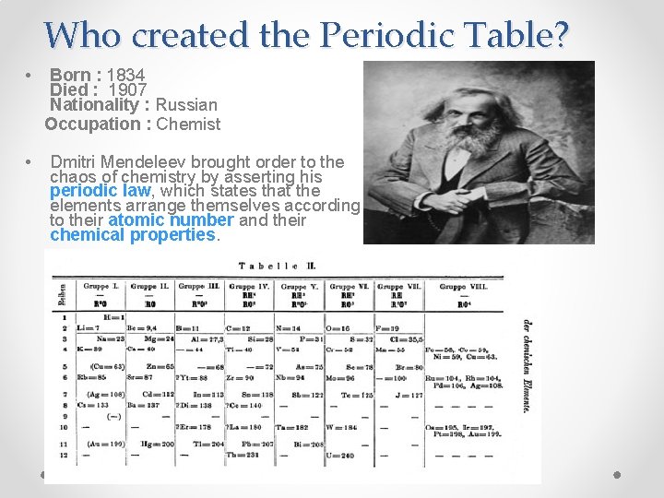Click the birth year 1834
[125, 75]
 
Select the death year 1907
[128, 90]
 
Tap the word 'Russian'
[186, 105]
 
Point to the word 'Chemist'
[189, 124]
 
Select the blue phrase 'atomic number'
[171, 220]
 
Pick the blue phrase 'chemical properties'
[132, 234]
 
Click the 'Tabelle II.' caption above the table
[277, 266]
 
